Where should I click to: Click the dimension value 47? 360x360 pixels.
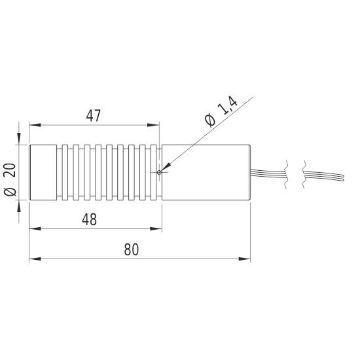[93, 116]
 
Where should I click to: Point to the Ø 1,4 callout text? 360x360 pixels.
[219, 113]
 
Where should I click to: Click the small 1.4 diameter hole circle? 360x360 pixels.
[159, 173]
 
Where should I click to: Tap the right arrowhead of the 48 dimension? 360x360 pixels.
[158, 228]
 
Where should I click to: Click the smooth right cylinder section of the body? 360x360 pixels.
[206, 172]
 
